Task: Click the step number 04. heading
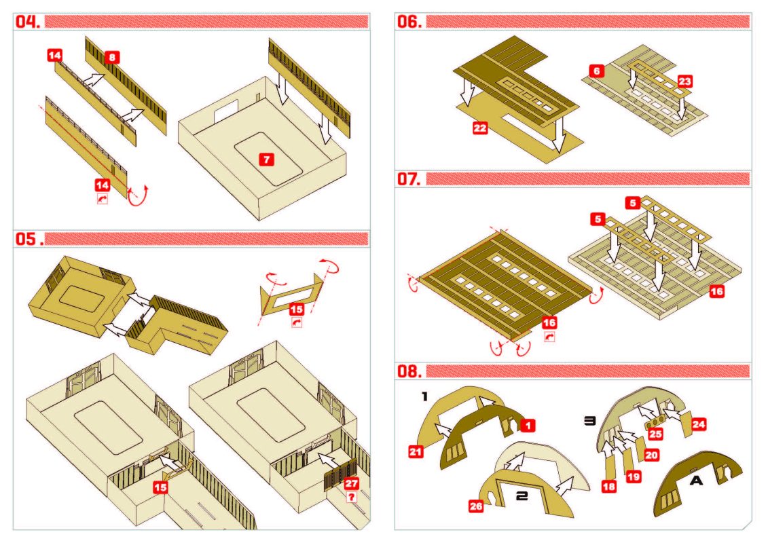click(28, 22)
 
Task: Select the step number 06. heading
click(409, 22)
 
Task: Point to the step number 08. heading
click(409, 371)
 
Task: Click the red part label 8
click(113, 58)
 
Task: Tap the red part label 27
click(351, 483)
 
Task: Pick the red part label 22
click(481, 128)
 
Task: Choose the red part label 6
click(596, 70)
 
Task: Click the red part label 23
click(685, 81)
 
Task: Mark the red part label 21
click(416, 451)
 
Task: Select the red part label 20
click(651, 455)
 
